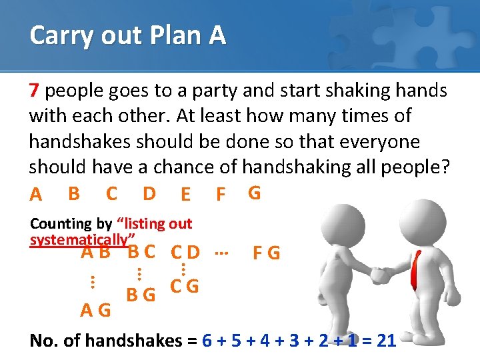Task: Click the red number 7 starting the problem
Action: (x=35, y=90)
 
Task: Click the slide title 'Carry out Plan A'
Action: (x=127, y=35)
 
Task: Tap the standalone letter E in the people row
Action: (x=185, y=195)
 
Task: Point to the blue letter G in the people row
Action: (x=254, y=193)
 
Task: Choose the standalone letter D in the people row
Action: (x=149, y=193)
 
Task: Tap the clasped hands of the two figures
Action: (x=381, y=275)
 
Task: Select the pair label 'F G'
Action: (x=266, y=254)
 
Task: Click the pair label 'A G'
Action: (x=95, y=310)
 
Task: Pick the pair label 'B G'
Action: (x=141, y=293)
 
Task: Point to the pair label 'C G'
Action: (x=184, y=287)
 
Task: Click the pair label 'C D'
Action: (x=185, y=253)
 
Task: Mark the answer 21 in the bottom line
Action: (x=386, y=341)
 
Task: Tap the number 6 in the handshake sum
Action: (x=207, y=341)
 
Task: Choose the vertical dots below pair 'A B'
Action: (x=92, y=282)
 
